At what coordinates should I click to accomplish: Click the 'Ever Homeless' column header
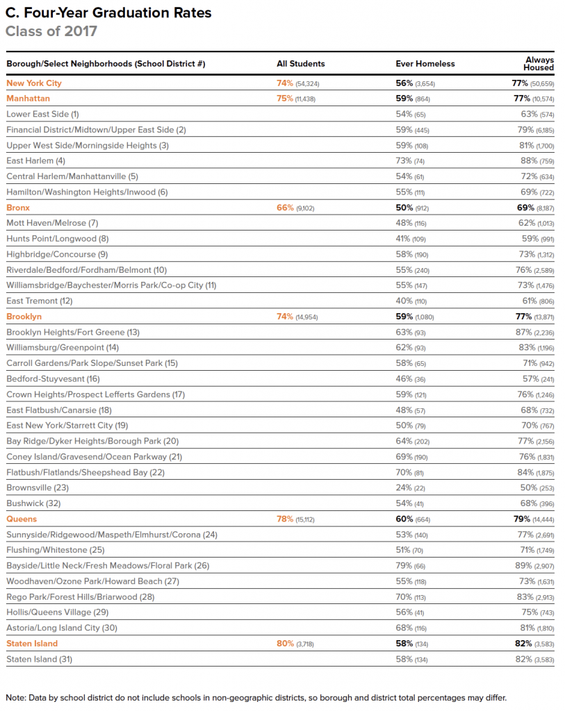click(x=425, y=64)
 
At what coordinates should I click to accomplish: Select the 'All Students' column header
click(x=300, y=64)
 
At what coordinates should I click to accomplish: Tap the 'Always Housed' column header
click(x=539, y=64)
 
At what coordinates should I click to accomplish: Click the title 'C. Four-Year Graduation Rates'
click(x=108, y=13)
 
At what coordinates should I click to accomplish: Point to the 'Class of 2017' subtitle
click(x=51, y=31)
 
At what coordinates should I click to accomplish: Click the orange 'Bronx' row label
click(x=18, y=208)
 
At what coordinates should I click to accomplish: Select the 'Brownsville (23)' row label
click(x=38, y=487)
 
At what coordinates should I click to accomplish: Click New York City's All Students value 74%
click(x=297, y=83)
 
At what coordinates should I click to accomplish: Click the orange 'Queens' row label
click(x=22, y=519)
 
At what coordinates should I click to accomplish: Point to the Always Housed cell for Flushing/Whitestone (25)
click(x=534, y=550)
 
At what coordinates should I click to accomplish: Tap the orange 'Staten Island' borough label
click(x=32, y=644)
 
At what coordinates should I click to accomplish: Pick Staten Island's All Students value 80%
click(x=295, y=644)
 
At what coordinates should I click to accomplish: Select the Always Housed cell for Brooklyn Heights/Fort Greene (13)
click(x=534, y=332)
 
